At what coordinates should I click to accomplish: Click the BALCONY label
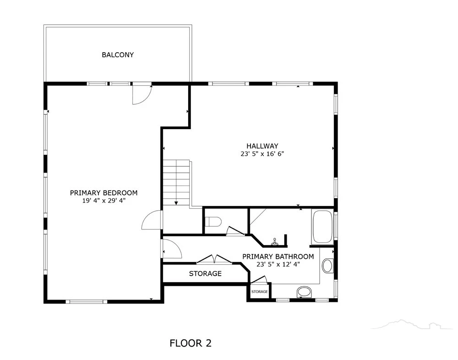tap(118, 55)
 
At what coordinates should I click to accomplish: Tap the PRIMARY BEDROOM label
tap(104, 193)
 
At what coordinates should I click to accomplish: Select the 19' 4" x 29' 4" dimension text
tap(104, 201)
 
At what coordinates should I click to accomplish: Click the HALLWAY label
tap(262, 146)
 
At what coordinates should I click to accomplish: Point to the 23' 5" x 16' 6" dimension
tap(262, 154)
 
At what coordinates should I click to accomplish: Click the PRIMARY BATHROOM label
tap(278, 256)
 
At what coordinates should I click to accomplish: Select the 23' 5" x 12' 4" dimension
tap(278, 264)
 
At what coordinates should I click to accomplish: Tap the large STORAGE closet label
tap(205, 273)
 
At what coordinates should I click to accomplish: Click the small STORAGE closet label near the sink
tap(259, 292)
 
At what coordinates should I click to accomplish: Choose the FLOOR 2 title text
tap(191, 343)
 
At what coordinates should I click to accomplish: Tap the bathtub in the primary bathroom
tap(322, 227)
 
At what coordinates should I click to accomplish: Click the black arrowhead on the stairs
tap(176, 203)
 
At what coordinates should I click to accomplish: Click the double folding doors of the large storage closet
tap(215, 259)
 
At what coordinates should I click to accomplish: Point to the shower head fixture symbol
tap(274, 242)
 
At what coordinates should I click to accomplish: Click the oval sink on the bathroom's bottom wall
tap(304, 292)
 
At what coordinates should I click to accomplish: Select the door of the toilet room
tap(236, 231)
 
